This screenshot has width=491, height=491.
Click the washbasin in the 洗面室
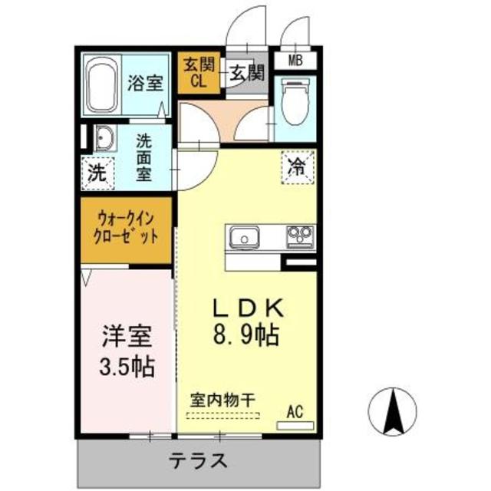104,140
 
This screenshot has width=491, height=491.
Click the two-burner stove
300,234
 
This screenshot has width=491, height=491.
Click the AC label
295,412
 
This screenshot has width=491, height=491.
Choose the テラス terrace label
199,461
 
